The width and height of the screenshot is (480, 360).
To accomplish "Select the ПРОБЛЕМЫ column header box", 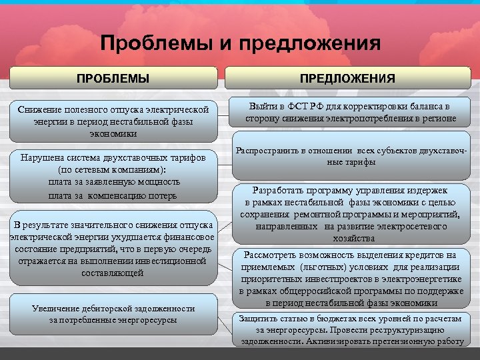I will pyautogui.click(x=113, y=79).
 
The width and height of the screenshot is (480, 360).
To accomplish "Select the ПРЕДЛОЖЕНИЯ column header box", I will pyautogui.click(x=347, y=79).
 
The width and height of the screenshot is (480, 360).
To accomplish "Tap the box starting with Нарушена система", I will pyautogui.click(x=113, y=175).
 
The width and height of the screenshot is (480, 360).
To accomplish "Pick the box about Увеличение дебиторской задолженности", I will pyautogui.click(x=113, y=315).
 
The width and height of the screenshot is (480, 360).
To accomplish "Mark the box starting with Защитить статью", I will pyautogui.click(x=351, y=329).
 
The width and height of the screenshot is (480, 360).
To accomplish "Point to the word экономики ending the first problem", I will pyautogui.click(x=113, y=133).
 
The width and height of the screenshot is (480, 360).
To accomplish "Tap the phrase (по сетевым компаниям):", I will pyautogui.click(x=113, y=169).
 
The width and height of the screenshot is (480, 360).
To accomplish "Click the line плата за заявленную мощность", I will pyautogui.click(x=113, y=181).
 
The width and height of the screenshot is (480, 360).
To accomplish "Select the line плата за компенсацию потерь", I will pyautogui.click(x=113, y=195).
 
